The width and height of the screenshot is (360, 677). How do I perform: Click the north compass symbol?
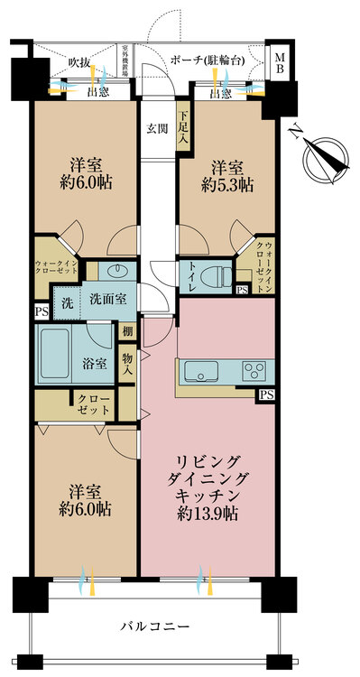pos(325,159)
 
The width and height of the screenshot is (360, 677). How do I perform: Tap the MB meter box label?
pos(280,62)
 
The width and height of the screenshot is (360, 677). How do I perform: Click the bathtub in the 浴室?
pos(54,353)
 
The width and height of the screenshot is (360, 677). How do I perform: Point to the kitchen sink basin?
pos(200,371)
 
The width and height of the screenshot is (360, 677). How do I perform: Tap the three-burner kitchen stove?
pos(254,370)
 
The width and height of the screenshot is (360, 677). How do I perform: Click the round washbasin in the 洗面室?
pos(117,270)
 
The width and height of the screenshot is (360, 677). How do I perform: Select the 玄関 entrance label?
pos(157,128)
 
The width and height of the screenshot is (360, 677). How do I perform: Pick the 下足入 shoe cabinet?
pos(182,125)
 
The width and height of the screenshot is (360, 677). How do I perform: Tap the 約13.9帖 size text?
pos(208,514)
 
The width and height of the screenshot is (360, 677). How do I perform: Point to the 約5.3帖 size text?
pos(226,185)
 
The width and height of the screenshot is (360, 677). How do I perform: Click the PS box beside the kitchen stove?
pos(266,394)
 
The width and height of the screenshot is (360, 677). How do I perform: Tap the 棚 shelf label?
pos(127,331)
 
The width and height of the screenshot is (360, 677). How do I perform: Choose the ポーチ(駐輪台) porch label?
pos(208,60)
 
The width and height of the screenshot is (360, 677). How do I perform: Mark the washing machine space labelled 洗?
pos(67,300)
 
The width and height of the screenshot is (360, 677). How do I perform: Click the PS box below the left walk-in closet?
pos(42,311)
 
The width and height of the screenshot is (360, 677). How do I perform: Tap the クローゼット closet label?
pos(93,403)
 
